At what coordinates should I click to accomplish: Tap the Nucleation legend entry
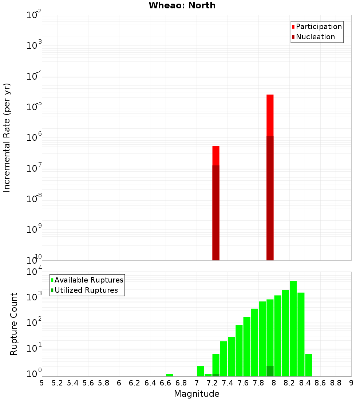coord(315,37)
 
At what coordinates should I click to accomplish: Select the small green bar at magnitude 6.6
coord(169,375)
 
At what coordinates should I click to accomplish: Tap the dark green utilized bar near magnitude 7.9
coord(270,371)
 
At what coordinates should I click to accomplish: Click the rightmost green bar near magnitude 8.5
coord(309,365)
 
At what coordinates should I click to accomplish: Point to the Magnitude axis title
coord(197,394)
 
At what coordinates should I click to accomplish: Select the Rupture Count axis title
coord(14,324)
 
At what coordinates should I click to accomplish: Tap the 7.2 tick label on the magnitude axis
coord(212,383)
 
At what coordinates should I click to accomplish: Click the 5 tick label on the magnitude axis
coord(42,383)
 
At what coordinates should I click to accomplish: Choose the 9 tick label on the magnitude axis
coord(351,383)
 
